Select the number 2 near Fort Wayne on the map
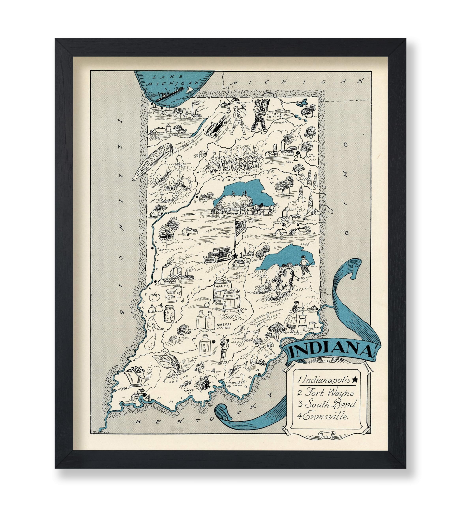click(296, 158)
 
